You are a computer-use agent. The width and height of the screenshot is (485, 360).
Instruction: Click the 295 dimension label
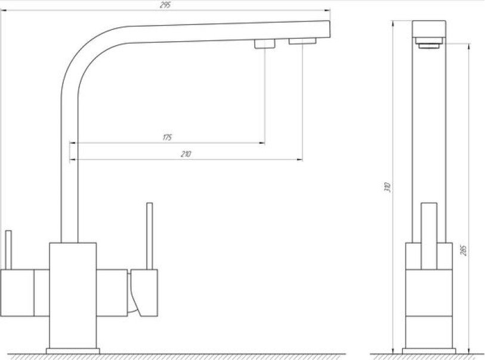pyautogui.click(x=165, y=5)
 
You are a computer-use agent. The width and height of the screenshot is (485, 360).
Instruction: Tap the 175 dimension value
pyautogui.click(x=167, y=137)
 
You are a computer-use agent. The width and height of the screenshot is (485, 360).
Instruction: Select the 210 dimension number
pyautogui.click(x=186, y=154)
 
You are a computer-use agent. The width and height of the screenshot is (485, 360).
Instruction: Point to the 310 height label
pyautogui.click(x=388, y=187)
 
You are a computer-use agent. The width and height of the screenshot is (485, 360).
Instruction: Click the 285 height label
pyautogui.click(x=463, y=250)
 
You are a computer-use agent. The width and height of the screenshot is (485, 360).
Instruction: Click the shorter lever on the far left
pyautogui.click(x=8, y=250)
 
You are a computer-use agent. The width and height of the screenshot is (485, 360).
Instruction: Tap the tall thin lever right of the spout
pyautogui.click(x=149, y=236)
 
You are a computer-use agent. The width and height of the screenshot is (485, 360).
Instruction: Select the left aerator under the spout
pyautogui.click(x=265, y=44)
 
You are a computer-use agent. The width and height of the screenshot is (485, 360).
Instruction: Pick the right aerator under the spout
pyautogui.click(x=302, y=41)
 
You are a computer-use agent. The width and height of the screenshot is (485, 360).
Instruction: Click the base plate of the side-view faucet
pyautogui.click(x=429, y=351)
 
